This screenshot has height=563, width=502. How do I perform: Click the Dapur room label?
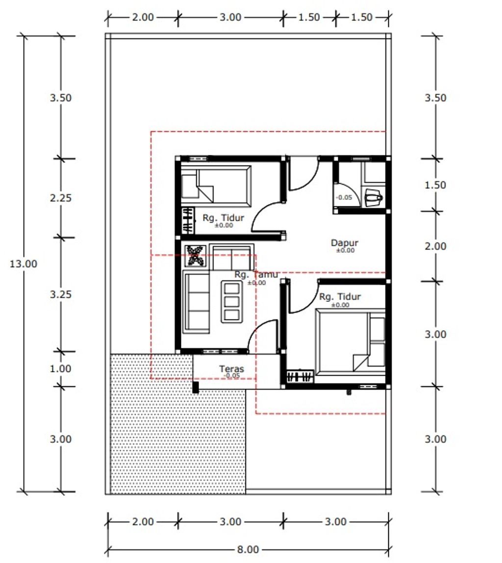click(x=344, y=243)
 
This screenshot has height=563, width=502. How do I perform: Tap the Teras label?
click(x=231, y=369)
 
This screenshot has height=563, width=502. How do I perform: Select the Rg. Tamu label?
click(x=256, y=275)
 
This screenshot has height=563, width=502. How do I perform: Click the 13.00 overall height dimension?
click(x=24, y=264)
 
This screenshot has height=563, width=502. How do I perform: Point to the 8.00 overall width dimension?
click(x=248, y=549)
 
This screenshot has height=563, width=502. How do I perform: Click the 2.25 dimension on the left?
click(x=61, y=198)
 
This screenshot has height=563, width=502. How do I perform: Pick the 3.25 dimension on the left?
click(x=61, y=294)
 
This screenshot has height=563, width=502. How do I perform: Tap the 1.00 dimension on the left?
click(x=60, y=368)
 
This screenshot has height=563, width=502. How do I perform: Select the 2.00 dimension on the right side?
click(x=435, y=246)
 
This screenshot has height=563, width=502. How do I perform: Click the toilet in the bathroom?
click(x=374, y=198)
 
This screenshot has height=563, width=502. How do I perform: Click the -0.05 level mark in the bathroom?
click(x=344, y=197)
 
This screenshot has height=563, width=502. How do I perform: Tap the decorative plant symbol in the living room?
click(x=196, y=256)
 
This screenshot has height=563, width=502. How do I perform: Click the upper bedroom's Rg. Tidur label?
click(x=223, y=218)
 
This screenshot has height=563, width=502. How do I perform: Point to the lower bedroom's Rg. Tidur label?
click(x=340, y=296)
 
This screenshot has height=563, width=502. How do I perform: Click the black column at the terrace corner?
click(x=196, y=388)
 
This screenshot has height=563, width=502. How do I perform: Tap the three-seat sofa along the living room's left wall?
click(x=196, y=302)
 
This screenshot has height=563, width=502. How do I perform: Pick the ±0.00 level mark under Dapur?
click(x=345, y=250)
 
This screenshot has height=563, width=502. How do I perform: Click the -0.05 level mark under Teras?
click(x=232, y=375)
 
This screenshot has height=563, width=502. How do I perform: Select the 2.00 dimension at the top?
click(x=143, y=17)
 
